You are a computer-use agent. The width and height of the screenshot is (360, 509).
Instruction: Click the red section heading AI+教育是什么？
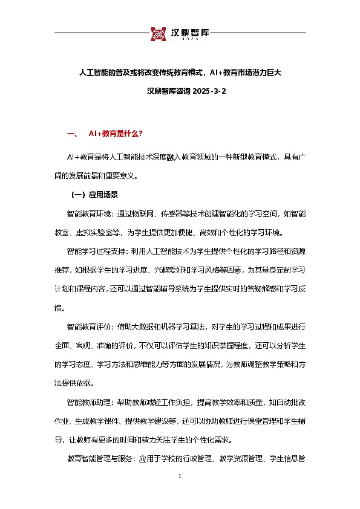click(x=116, y=133)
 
